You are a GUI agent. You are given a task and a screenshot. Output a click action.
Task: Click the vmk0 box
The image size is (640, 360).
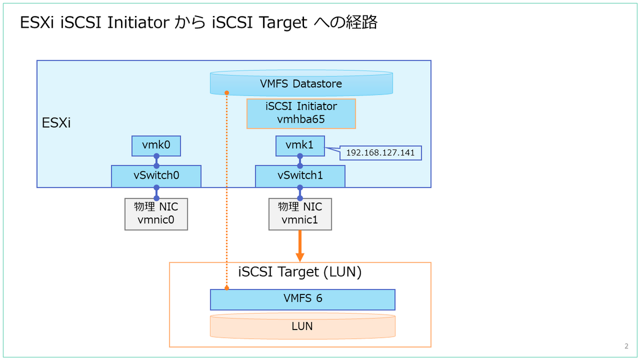point(156,145)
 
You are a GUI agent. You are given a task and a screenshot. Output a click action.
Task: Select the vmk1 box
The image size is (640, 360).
point(300,146)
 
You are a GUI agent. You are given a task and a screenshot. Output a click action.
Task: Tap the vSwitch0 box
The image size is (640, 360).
point(156,176)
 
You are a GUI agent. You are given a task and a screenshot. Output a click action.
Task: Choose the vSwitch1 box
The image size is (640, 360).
point(300,176)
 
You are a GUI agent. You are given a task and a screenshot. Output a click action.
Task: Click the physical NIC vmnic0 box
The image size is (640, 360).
point(156,214)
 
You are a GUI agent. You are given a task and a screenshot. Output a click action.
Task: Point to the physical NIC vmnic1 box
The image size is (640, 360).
point(300,214)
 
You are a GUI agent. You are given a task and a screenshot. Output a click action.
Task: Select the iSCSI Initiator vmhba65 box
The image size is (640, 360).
point(301,113)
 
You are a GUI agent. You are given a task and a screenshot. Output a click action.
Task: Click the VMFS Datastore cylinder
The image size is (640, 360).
point(301,84)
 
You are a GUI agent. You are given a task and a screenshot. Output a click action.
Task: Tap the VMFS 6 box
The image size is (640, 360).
point(302,299)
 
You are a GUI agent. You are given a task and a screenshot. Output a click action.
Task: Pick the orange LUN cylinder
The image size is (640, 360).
point(302,326)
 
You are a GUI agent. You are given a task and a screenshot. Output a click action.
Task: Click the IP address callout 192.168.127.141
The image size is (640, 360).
point(381,153)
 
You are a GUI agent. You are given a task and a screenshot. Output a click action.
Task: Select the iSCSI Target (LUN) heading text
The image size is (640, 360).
point(300,271)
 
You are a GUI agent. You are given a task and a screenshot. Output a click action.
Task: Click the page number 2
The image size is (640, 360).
point(626,346)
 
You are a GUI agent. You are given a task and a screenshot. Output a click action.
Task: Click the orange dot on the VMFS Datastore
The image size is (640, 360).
point(227,92)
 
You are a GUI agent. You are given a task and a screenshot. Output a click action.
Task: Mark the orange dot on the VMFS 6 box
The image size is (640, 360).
point(227,289)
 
